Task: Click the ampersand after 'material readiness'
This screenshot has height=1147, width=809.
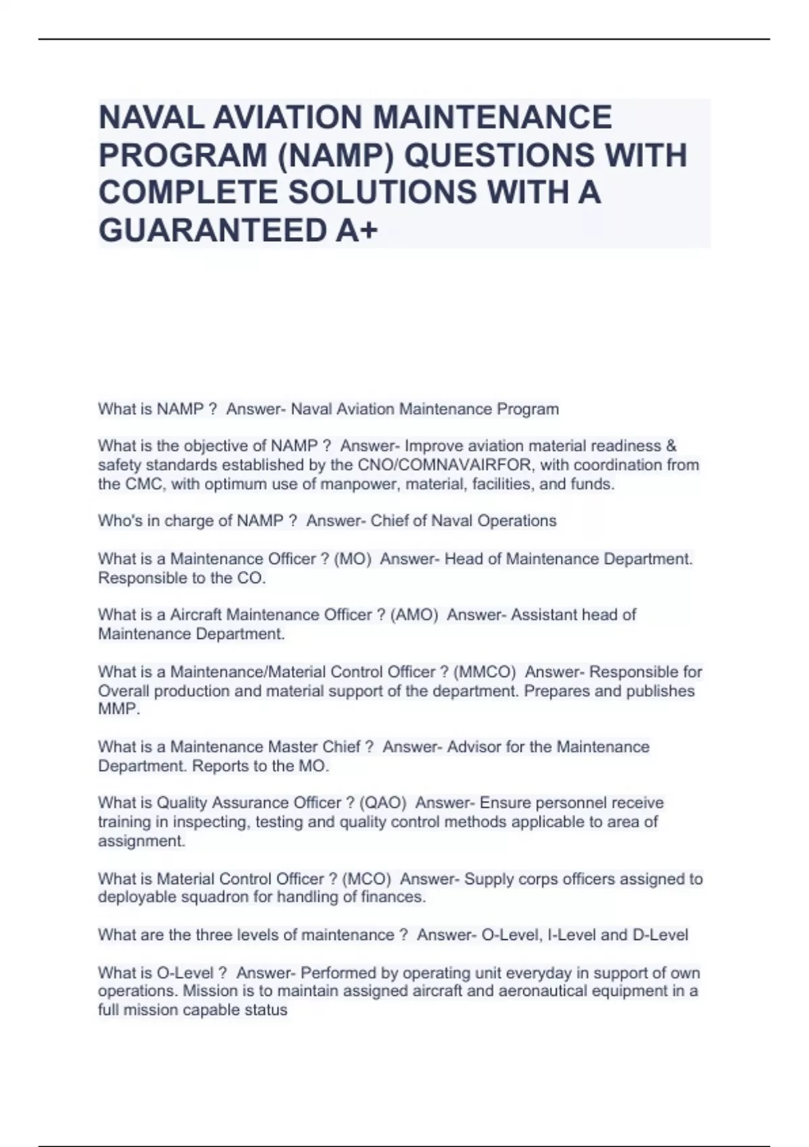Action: click(x=671, y=446)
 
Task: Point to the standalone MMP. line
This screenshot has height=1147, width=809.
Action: click(x=119, y=710)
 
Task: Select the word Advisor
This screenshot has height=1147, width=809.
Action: click(x=473, y=747)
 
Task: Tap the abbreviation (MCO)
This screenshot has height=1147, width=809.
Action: click(x=367, y=879)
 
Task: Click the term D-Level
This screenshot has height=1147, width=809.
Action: click(x=660, y=935)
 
